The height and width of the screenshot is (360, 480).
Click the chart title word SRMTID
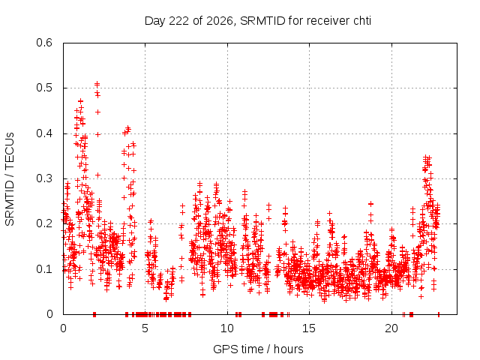[262, 21]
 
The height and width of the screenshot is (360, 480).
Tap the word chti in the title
[362, 21]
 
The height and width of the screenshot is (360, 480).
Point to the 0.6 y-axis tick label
[44, 43]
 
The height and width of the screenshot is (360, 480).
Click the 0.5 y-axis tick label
[44, 88]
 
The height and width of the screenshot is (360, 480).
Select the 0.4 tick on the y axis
[44, 133]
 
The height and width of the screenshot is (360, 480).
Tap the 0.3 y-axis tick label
[44, 178]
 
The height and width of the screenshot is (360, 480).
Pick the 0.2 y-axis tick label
[44, 223]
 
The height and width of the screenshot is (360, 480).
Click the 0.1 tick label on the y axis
[44, 269]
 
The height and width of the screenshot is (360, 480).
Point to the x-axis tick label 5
[145, 328]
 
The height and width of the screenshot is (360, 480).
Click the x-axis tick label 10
[227, 328]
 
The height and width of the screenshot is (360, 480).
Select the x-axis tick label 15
[309, 328]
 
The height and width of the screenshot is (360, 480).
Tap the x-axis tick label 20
[391, 328]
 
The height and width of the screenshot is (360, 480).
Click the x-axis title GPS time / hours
[258, 349]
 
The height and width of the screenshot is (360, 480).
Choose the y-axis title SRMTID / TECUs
[10, 179]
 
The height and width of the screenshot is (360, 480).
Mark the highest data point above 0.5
[97, 83]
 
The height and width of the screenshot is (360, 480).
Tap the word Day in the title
[155, 21]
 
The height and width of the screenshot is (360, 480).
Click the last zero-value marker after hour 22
[439, 314]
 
